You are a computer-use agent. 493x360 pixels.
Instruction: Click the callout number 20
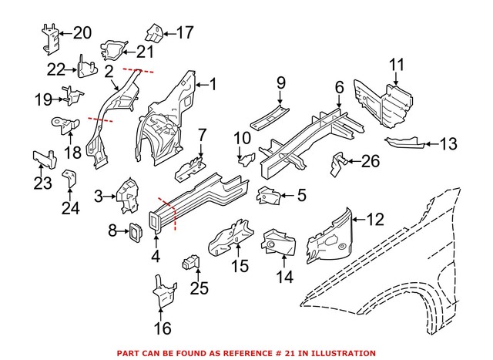pyautogui.click(x=81, y=32)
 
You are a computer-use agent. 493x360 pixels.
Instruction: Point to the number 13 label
pyautogui.click(x=448, y=143)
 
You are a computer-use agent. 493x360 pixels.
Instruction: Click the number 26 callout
pyautogui.click(x=371, y=161)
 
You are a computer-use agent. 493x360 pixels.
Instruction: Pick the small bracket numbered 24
pyautogui.click(x=70, y=176)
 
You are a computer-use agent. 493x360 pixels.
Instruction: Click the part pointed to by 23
pyautogui.click(x=43, y=158)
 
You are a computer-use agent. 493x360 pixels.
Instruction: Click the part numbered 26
pyautogui.click(x=338, y=163)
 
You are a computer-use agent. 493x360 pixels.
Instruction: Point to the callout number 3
pyautogui.click(x=99, y=197)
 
